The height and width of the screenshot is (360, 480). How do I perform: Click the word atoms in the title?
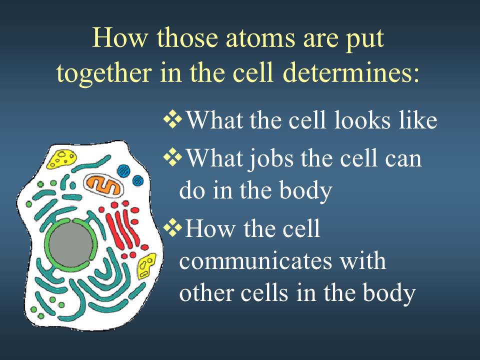(x=261, y=38)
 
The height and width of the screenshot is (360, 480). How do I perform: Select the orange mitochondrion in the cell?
(x=104, y=185)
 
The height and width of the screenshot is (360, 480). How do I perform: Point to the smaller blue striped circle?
(x=138, y=180)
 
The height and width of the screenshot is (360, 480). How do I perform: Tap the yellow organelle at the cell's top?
(x=61, y=159)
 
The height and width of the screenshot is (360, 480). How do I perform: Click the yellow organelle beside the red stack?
(x=146, y=265)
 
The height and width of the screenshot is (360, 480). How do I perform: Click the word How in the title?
(x=119, y=38)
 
